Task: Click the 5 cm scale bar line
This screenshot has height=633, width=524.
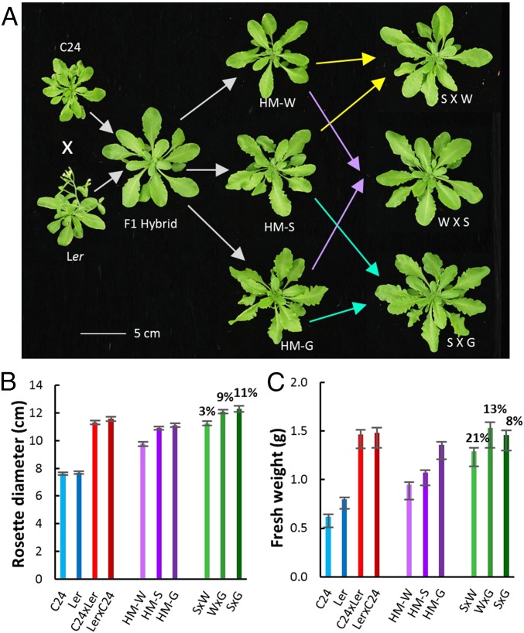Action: tap(104, 334)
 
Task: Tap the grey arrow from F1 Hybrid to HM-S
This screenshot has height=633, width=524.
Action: tap(203, 167)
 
